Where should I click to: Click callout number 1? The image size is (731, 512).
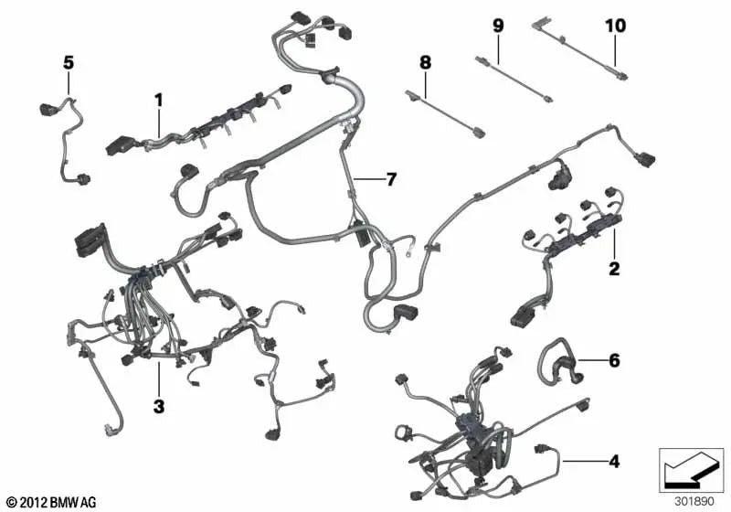pos(159,101)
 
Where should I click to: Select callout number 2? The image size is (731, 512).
pos(614,269)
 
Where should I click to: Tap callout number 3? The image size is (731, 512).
pos(159,406)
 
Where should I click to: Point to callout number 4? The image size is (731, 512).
pos(614,462)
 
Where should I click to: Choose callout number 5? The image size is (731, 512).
pos(69,62)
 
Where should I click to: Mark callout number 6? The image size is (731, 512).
pos(614,360)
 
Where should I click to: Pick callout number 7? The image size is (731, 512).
pos(391,178)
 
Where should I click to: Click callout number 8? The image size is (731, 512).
pos(425,62)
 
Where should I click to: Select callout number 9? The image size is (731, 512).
pos(498,26)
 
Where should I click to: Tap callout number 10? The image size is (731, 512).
pos(615,26)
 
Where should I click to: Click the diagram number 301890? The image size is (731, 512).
pos(694,502)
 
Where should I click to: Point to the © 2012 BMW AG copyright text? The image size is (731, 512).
pos(52,502)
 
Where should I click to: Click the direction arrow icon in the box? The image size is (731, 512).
pos(693,469)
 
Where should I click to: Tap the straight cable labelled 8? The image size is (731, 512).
pos(445,113)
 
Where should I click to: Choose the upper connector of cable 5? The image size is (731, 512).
pos(48,109)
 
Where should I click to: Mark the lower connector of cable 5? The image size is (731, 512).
pos(84,179)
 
